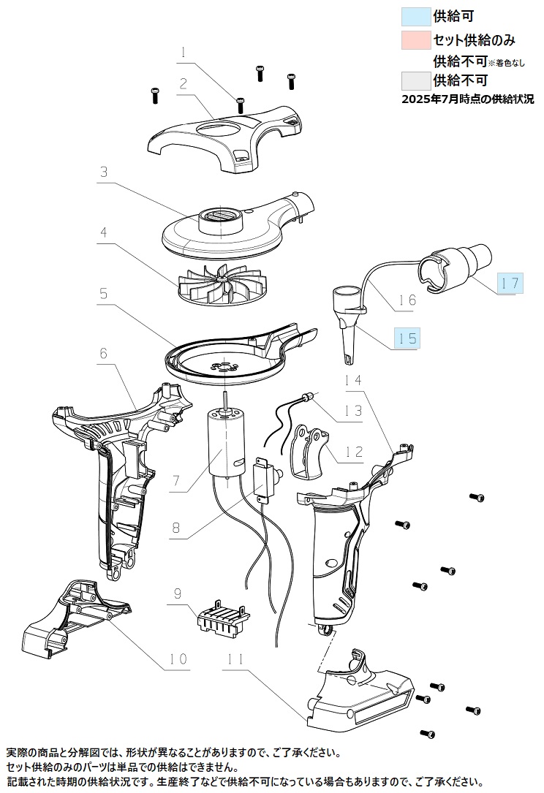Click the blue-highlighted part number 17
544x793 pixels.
click(510, 284)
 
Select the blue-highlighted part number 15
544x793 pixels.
click(407, 338)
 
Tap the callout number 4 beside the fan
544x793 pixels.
click(104, 232)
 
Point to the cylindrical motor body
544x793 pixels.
click(224, 443)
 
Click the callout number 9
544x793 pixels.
click(178, 593)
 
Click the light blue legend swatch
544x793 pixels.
click(416, 16)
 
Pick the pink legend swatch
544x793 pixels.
click(416, 40)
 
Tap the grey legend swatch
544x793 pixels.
click(416, 80)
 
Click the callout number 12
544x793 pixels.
click(354, 451)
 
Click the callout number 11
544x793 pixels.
click(236, 659)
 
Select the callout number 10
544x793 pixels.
click(178, 659)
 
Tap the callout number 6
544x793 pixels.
click(103, 352)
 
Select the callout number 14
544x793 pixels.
click(353, 379)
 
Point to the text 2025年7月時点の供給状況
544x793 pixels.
click(467, 99)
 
